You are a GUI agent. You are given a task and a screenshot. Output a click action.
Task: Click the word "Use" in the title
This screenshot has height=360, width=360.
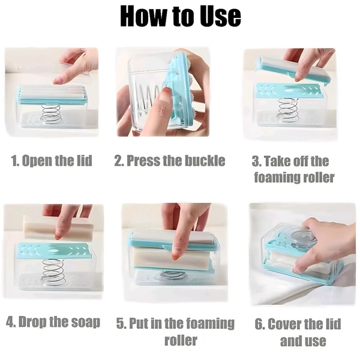tap(220, 16)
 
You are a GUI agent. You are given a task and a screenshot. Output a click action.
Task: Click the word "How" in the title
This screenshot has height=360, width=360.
tap(142, 16)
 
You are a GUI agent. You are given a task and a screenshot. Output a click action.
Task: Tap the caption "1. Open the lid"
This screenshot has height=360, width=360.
tap(52, 161)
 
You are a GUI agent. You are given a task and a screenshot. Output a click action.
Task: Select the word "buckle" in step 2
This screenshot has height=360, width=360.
tap(205, 160)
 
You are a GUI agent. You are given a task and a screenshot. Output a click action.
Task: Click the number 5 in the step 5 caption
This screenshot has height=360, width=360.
tap(120, 323)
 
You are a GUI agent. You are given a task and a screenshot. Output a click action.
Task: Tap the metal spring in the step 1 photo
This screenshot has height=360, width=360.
tap(51, 114)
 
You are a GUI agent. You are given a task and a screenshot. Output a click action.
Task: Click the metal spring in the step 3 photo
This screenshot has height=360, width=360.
tap(287, 110)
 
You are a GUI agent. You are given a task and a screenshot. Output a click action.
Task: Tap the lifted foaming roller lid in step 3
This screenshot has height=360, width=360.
tap(293, 69)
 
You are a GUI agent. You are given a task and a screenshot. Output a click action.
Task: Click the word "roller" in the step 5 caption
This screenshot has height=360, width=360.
tap(181, 340)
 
